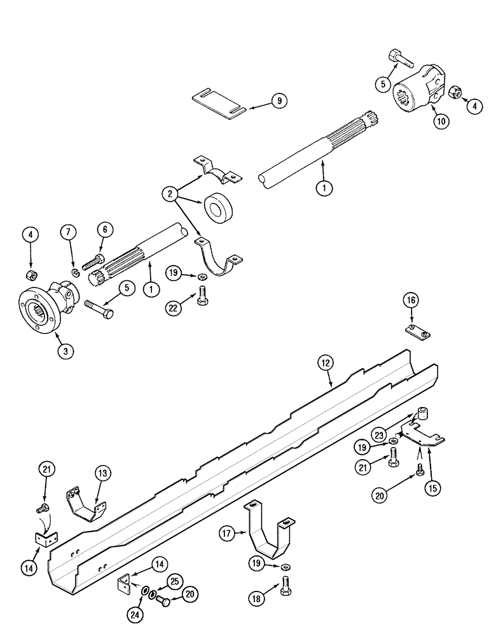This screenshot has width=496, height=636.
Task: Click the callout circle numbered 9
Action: coord(279,100)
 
